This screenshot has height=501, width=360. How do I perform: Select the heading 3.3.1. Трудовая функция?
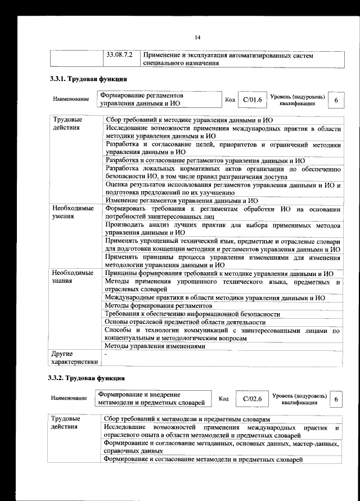[87, 79]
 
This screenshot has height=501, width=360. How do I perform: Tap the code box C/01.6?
[249, 100]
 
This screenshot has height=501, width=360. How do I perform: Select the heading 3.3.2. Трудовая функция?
[87, 377]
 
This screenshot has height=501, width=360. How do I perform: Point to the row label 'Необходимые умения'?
[73, 213]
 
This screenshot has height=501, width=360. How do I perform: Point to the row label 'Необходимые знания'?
[73, 277]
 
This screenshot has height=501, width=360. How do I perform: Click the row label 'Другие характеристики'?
[74, 358]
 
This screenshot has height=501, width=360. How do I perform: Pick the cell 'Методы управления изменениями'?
[155, 346]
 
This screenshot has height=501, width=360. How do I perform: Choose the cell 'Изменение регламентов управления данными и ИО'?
[182, 200]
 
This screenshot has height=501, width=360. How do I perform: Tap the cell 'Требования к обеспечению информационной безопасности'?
[192, 314]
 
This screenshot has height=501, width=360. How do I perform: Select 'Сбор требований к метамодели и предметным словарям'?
[188, 420]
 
